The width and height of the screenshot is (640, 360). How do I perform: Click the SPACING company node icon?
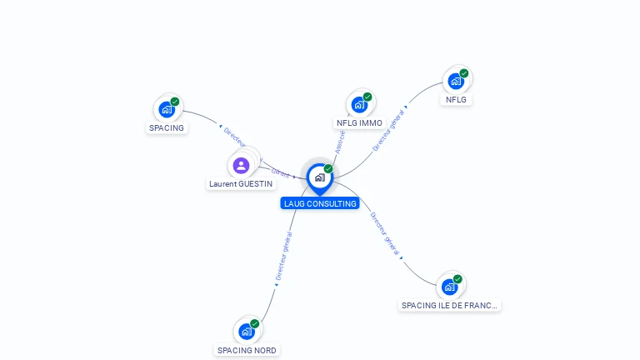167,108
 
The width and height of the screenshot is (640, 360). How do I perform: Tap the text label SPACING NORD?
247,350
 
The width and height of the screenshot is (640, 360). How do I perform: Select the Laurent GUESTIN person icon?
241,165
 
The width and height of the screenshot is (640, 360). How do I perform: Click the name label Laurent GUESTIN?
240,183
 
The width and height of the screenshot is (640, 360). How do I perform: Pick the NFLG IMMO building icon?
359,104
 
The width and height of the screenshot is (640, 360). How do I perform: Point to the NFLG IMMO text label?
359,123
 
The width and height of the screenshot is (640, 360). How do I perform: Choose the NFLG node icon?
456,81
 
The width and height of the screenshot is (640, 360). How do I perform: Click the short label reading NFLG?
456,99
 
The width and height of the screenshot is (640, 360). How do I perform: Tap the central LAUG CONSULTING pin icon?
319,177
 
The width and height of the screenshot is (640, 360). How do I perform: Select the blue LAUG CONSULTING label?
320,203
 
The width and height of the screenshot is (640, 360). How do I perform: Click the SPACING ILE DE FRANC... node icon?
450,287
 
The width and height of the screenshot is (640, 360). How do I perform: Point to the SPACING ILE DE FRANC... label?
450,305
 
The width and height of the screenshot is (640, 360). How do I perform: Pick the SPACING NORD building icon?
247,331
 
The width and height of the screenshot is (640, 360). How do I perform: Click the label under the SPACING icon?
167,127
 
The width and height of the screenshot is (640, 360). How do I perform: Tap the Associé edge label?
339,142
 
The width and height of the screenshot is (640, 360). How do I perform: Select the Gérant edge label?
280,173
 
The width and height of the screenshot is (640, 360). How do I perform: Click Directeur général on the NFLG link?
389,129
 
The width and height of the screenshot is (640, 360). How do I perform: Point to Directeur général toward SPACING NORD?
283,255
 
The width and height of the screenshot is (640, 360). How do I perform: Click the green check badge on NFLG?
464,73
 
